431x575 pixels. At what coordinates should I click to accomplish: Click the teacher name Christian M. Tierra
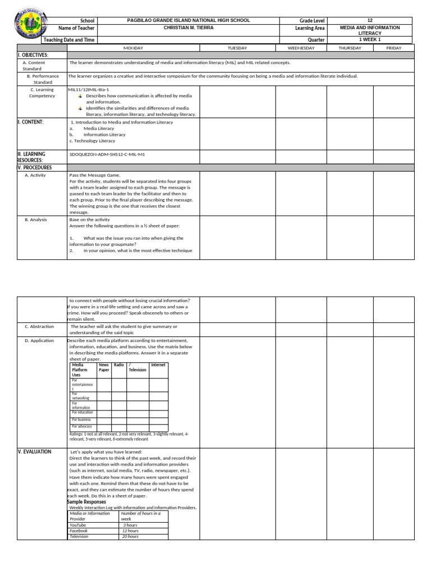tap(188, 28)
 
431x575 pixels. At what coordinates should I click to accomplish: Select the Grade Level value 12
tap(370, 20)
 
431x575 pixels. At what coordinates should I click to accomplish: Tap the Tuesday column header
tap(237, 48)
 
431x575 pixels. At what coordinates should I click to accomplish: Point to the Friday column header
tap(394, 48)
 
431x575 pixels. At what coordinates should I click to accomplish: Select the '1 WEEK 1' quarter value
tap(370, 40)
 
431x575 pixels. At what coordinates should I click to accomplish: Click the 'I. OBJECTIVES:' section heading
tap(33, 55)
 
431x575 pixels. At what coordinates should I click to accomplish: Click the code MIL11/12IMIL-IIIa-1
tap(88, 89)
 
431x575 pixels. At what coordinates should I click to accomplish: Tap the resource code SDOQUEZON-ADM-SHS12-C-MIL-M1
tap(107, 154)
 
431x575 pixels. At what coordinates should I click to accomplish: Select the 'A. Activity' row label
tap(35, 175)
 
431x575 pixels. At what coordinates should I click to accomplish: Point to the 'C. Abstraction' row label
tap(39, 326)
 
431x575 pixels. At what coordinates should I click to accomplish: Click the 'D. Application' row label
tap(39, 340)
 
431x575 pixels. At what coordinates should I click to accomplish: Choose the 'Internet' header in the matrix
tap(158, 365)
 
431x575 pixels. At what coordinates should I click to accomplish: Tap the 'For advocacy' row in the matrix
tap(81, 426)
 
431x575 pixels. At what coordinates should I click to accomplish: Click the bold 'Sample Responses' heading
tap(86, 502)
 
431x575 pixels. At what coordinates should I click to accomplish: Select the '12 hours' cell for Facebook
tap(130, 531)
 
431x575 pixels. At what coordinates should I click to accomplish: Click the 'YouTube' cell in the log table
tap(78, 525)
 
